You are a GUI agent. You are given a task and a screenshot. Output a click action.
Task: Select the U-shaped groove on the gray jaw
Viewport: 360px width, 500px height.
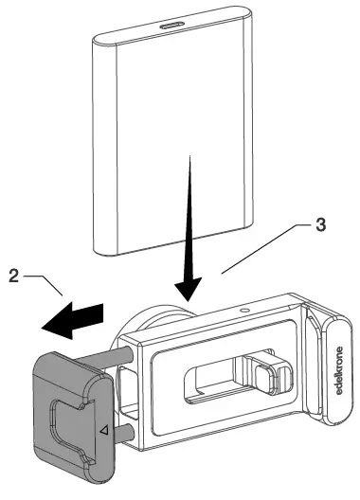[x=73, y=430]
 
